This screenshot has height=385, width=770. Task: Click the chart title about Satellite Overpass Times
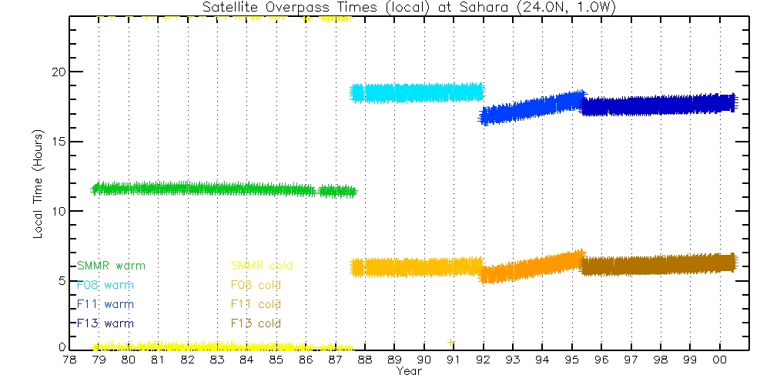[x=409, y=8]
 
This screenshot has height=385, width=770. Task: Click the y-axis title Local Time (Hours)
[x=38, y=184]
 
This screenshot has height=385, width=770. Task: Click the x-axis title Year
[x=408, y=371]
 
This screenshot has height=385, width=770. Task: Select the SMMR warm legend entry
[x=111, y=266]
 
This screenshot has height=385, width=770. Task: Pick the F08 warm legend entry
[x=105, y=285]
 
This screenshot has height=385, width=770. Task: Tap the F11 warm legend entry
[x=105, y=304]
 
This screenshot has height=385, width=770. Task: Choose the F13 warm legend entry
[x=105, y=323]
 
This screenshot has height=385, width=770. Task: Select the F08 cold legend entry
[x=251, y=285]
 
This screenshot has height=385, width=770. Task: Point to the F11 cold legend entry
[x=251, y=304]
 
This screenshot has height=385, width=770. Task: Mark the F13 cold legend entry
[x=251, y=323]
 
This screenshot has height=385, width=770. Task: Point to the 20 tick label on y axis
[x=55, y=72]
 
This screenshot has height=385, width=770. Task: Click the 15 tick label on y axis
[x=55, y=142]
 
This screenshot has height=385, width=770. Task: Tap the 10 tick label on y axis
[x=55, y=211]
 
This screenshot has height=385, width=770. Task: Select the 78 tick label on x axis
[x=69, y=360]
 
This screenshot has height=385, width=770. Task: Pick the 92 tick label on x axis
[x=483, y=360]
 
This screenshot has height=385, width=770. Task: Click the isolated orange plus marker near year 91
[x=450, y=342]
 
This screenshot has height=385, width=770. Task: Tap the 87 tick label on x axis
[x=335, y=360]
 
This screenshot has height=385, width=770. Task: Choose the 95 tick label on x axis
[x=571, y=360]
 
